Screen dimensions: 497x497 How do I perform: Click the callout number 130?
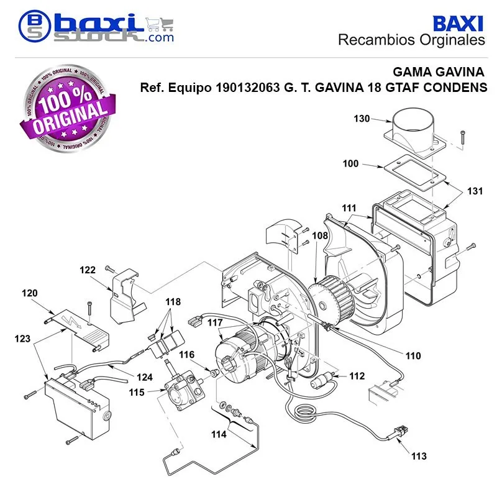(362, 119)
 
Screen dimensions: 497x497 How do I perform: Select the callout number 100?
(350, 163)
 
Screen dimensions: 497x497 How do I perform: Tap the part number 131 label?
(475, 191)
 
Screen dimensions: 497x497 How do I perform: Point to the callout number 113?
(419, 456)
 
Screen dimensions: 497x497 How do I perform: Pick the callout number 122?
(88, 270)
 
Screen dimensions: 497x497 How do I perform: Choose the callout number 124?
(145, 377)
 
